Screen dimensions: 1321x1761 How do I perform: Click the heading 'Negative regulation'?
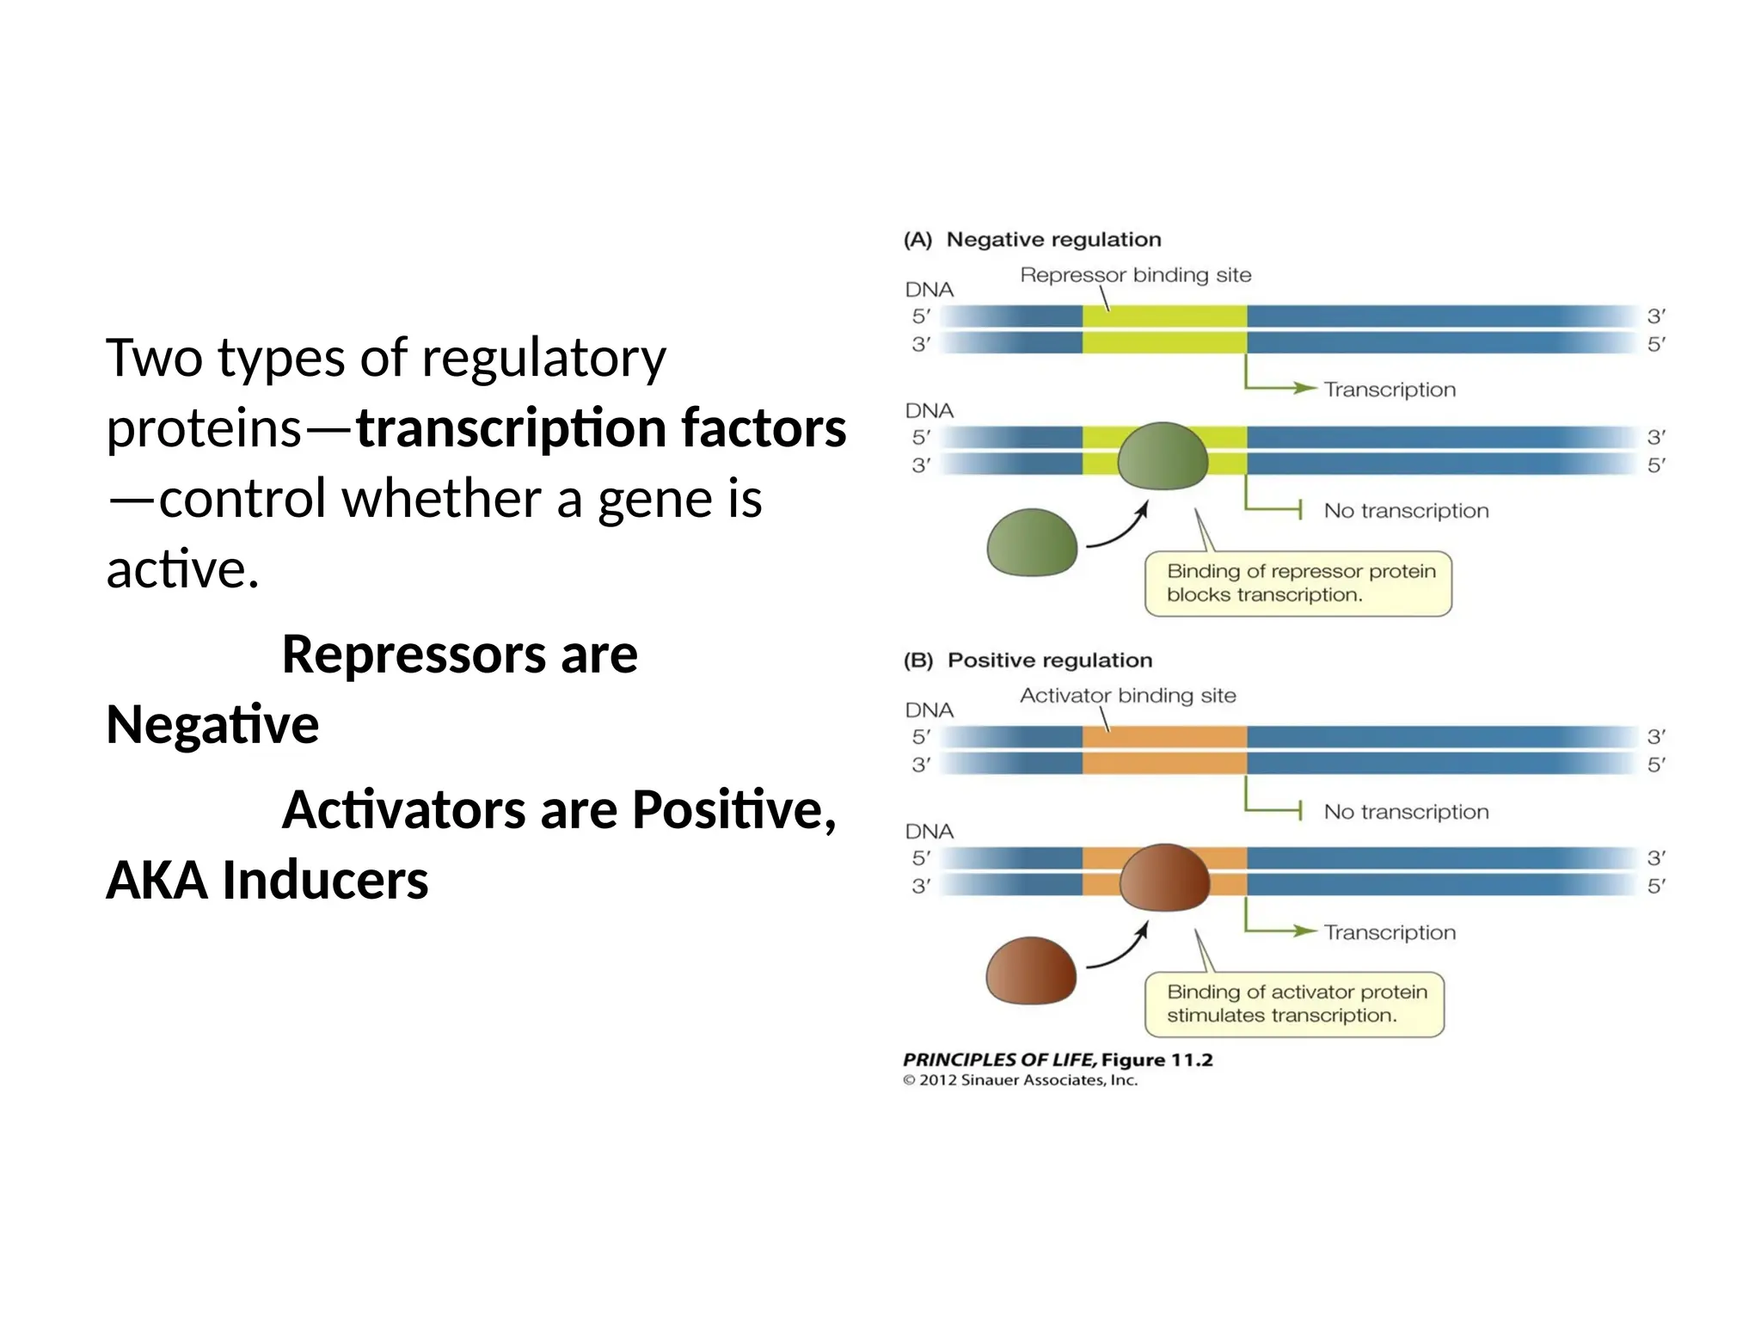tap(1053, 239)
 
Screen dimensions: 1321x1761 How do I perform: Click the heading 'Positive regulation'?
tap(1049, 660)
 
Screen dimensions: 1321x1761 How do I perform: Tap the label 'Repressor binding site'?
tap(1135, 275)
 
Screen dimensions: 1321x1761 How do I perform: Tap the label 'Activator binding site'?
tap(1127, 696)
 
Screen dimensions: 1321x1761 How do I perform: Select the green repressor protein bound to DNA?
tap(1163, 457)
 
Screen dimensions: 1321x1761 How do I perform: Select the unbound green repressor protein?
tap(1032, 543)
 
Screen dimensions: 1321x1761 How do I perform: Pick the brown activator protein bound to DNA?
tap(1164, 878)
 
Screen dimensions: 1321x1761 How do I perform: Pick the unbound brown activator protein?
tap(1030, 971)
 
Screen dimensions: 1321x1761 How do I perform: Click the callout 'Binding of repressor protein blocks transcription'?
tap(1298, 583)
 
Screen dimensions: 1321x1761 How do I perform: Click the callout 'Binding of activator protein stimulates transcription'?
tap(1294, 1004)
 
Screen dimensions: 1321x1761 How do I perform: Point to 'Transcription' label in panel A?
tap(1389, 390)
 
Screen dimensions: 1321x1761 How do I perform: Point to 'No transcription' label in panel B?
tap(1405, 812)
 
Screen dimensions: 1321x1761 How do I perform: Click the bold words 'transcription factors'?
tap(601, 428)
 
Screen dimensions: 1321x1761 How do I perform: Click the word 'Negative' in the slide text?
tap(212, 724)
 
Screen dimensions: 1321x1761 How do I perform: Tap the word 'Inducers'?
tap(325, 881)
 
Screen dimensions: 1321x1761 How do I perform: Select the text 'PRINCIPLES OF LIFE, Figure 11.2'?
tap(1057, 1060)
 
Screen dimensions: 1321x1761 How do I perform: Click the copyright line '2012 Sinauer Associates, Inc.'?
tap(1027, 1080)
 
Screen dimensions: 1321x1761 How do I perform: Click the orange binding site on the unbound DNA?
tap(1164, 750)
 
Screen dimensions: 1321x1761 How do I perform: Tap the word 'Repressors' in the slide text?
tap(413, 654)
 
